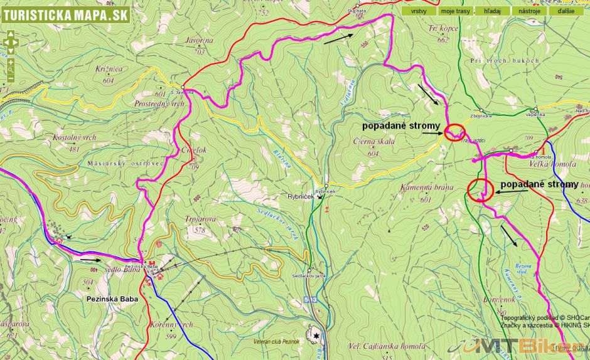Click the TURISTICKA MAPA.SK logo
[x=65, y=14]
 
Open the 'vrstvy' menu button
[x=419, y=11]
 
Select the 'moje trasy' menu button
[x=456, y=11]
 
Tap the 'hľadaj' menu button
[x=492, y=11]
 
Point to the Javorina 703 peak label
[x=200, y=43]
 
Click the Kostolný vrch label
[x=75, y=137]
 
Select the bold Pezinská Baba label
[x=110, y=299]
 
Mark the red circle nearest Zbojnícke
[x=454, y=132]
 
